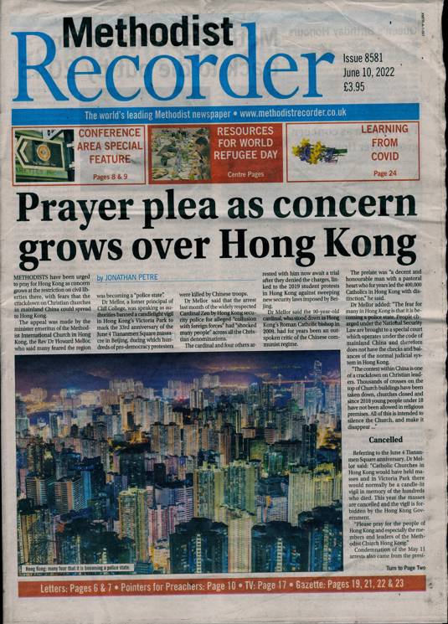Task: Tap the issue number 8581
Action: click(x=377, y=59)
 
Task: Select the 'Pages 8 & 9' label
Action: click(x=110, y=177)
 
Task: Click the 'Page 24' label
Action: click(x=384, y=173)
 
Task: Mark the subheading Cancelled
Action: click(x=385, y=439)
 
